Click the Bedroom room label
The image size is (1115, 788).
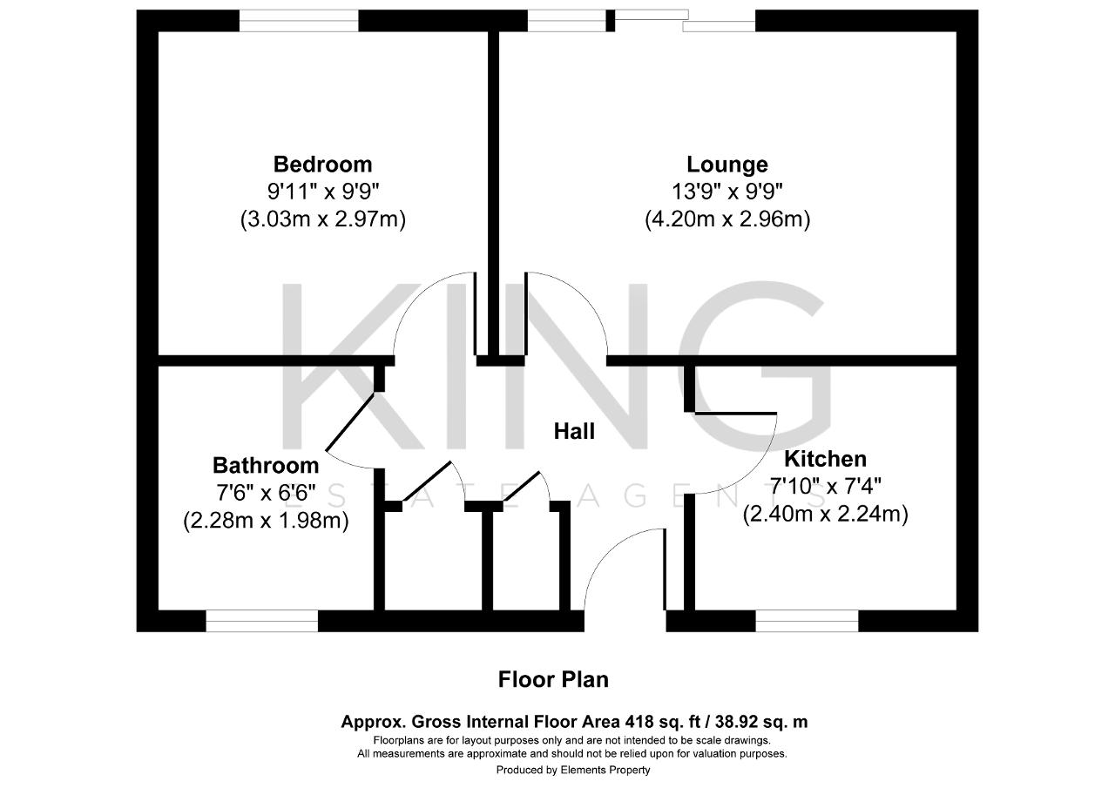pos(322,164)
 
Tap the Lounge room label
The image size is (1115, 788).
pos(727,164)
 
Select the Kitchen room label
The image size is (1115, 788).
pos(825,459)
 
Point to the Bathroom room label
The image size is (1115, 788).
pos(266,465)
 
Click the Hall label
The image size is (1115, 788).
pos(574,431)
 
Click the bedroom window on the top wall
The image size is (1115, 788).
pos(299,20)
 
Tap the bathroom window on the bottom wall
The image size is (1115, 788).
pos(262,620)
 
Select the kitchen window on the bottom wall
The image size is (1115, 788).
pos(807,620)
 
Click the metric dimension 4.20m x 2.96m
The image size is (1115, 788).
pos(727,219)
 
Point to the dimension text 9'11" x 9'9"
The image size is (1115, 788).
pos(322,192)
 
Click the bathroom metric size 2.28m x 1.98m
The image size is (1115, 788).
pos(266,521)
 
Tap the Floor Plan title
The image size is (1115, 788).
pos(553,679)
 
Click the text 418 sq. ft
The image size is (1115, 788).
pos(671,722)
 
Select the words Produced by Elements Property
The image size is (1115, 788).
pos(573,770)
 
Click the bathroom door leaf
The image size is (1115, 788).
pos(352,423)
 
